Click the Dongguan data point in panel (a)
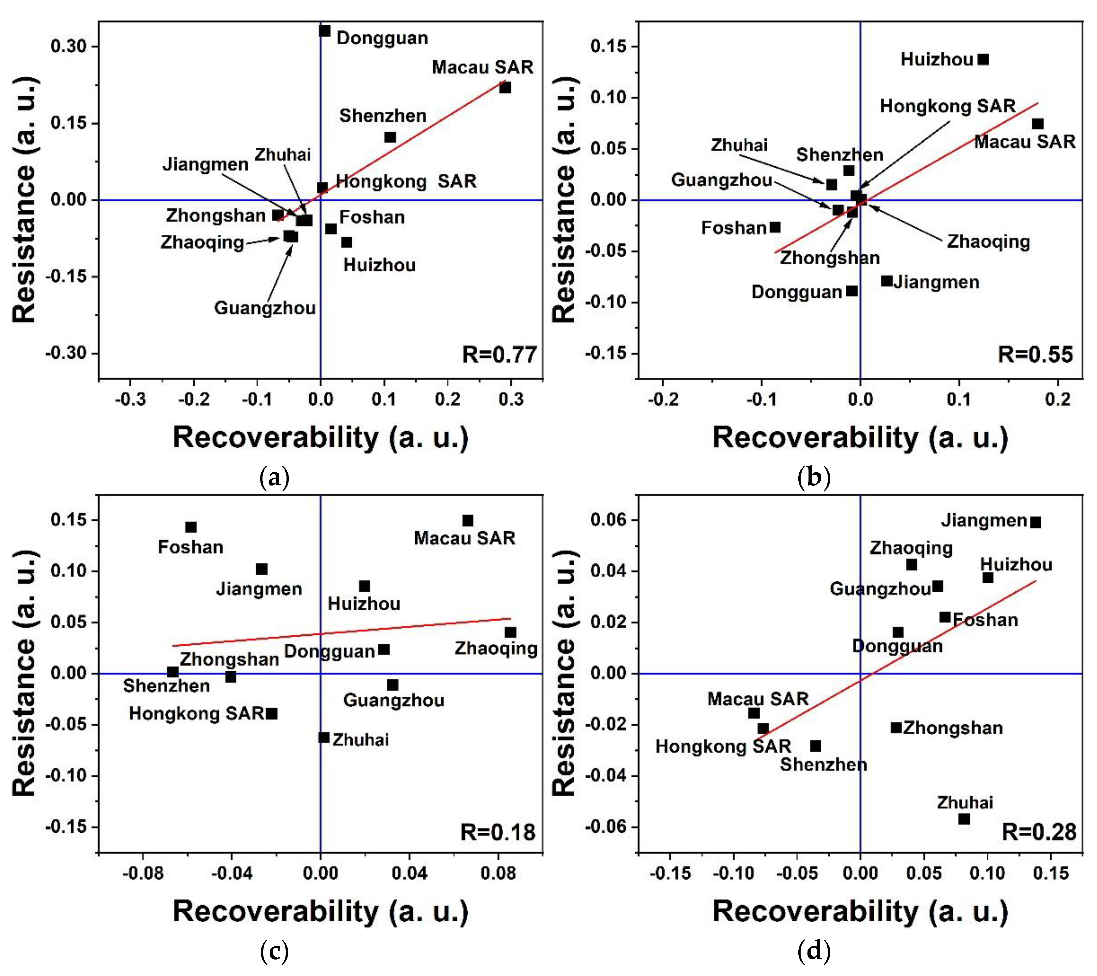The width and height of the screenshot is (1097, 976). tap(325, 31)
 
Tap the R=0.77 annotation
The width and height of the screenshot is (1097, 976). tap(499, 355)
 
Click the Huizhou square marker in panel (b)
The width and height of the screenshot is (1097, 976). tap(983, 59)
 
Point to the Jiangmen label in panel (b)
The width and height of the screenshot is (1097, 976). tap(937, 282)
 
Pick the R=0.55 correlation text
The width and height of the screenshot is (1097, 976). tap(1035, 355)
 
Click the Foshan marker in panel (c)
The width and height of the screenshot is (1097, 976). tap(191, 527)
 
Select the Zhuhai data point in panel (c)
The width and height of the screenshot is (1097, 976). tap(324, 738)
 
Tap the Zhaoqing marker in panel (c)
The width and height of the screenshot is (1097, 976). tap(510, 632)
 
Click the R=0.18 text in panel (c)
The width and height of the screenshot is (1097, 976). tap(498, 832)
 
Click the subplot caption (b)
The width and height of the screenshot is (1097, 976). tap(814, 477)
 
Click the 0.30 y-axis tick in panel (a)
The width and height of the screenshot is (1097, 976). tap(69, 46)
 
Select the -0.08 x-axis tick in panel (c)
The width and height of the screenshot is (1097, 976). tap(143, 874)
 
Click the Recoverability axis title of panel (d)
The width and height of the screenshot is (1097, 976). tap(860, 911)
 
